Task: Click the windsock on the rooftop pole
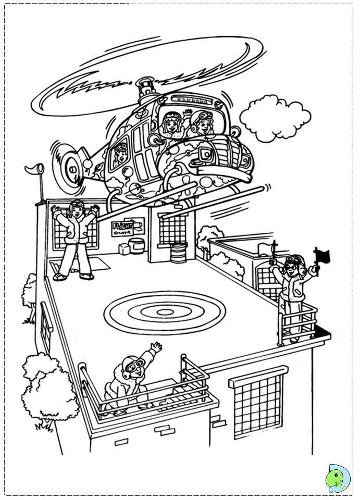click(x=34, y=170)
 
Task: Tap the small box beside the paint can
click(x=124, y=249)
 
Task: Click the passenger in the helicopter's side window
click(x=120, y=155)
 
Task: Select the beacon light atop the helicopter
click(x=144, y=83)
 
